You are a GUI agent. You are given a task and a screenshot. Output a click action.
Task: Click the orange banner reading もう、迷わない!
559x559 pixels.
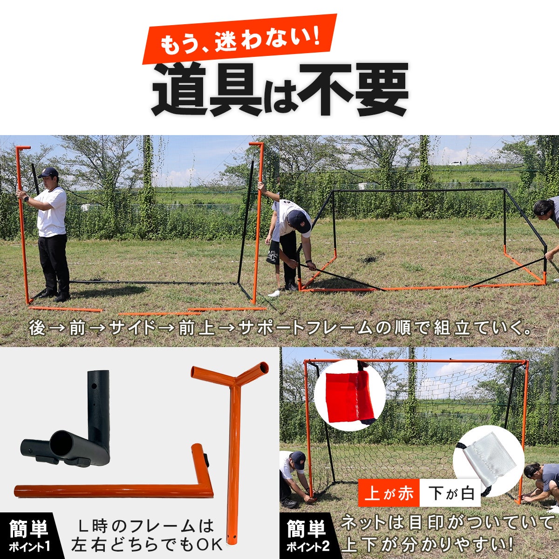(x=239, y=39)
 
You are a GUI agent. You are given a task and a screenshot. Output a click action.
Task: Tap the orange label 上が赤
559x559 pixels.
(x=389, y=494)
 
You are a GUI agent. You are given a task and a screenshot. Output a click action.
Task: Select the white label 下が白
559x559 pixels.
(x=450, y=494)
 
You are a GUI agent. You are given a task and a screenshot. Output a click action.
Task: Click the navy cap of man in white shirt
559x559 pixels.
(x=48, y=172)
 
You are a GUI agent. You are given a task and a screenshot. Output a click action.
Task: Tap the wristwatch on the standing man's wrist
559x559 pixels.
(x=26, y=199)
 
